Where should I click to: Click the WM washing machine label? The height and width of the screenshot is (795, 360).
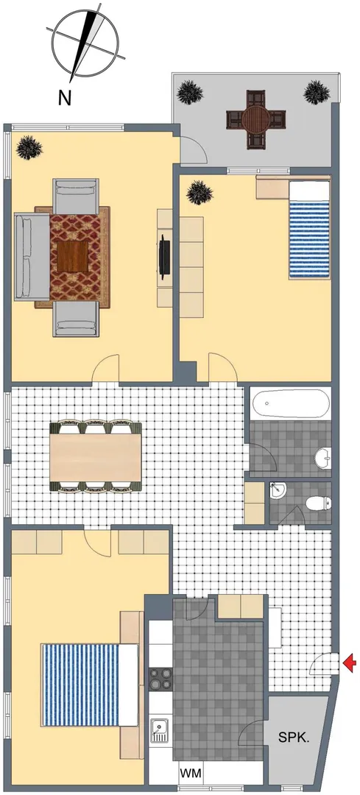(191, 774)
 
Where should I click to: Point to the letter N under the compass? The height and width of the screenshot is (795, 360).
(64, 97)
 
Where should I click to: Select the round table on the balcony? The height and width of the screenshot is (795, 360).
(255, 120)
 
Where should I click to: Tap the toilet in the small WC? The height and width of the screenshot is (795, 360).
(319, 503)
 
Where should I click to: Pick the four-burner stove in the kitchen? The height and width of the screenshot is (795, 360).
(160, 678)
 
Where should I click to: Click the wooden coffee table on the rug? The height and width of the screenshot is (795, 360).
(72, 256)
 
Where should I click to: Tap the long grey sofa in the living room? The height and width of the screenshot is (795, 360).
(32, 257)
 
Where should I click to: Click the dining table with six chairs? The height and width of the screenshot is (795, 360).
(95, 456)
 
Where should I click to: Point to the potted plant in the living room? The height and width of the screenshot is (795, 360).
(29, 147)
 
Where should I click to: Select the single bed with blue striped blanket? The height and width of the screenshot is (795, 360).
(308, 230)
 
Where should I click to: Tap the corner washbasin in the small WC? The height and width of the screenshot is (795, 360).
(278, 490)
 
